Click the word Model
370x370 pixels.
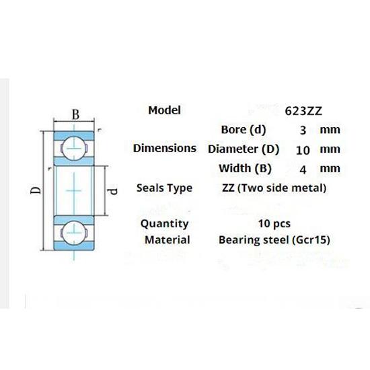coord(164,110)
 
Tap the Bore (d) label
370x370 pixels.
coord(244,130)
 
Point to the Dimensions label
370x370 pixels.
coord(165,148)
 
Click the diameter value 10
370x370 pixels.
coord(303,149)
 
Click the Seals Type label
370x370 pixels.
coord(164,188)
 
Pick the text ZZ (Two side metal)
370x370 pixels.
coord(274,188)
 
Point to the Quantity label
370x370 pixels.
coord(165,223)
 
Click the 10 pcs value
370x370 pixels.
coord(274,223)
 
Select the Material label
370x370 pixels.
coord(168,239)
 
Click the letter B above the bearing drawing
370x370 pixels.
coord(76,116)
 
